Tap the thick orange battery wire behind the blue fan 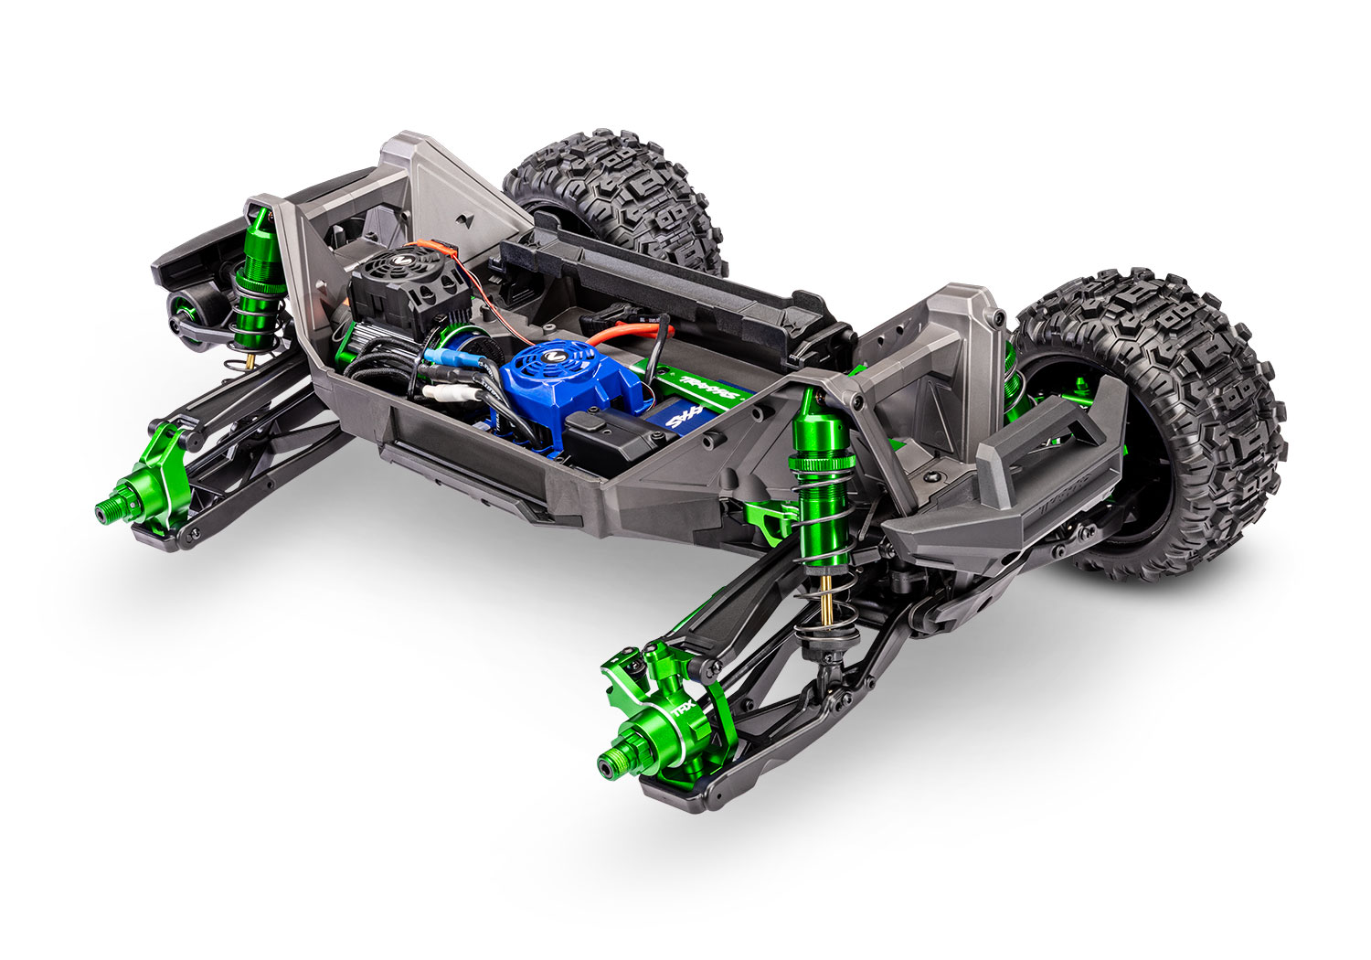[x=631, y=330]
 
